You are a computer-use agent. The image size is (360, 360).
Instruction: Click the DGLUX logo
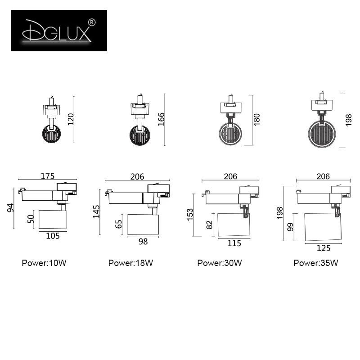pos(59,31)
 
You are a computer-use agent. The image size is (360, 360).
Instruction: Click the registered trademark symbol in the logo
pos(92,22)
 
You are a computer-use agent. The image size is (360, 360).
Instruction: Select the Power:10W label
pos(44,263)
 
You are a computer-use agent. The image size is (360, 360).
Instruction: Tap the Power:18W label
pos(130,263)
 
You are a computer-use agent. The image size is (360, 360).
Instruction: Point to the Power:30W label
pos(220,263)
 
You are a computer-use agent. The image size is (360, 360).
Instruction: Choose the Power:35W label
pos(316,263)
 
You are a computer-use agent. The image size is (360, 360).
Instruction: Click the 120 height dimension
pos(71,119)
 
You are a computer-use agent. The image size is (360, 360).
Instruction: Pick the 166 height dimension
pos(161,119)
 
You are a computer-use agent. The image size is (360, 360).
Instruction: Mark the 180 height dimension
pos(256,119)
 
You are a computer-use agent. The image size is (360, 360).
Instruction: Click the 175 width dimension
pos(48,176)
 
